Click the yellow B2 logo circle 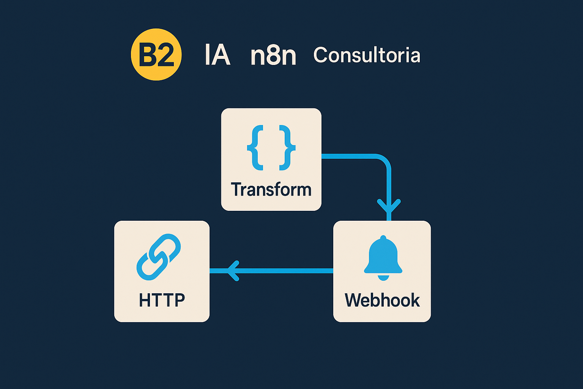click(156, 54)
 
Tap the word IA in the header click(217, 55)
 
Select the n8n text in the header click(273, 55)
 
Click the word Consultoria click(367, 55)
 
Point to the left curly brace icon click(255, 148)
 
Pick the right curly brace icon click(287, 148)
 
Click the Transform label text click(271, 190)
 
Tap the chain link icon click(159, 257)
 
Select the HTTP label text click(162, 300)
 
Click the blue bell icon click(383, 258)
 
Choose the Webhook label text click(382, 300)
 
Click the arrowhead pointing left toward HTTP click(233, 271)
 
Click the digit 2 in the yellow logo click(165, 55)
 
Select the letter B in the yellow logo click(147, 55)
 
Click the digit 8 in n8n click(273, 55)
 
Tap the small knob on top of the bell click(383, 238)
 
